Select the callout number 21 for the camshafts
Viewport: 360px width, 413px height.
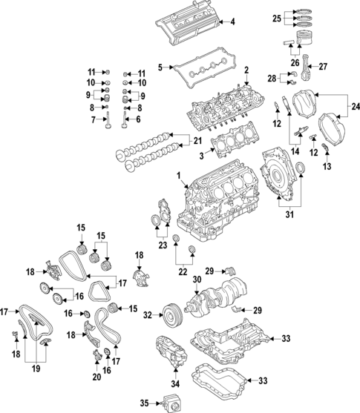pyautogui.click(x=197, y=141)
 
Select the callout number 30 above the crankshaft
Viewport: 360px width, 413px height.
pyautogui.click(x=196, y=280)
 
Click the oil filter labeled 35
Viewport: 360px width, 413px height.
pyautogui.click(x=174, y=403)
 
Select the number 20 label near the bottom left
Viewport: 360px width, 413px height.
pyautogui.click(x=96, y=377)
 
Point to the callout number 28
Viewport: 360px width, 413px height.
pyautogui.click(x=272, y=78)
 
